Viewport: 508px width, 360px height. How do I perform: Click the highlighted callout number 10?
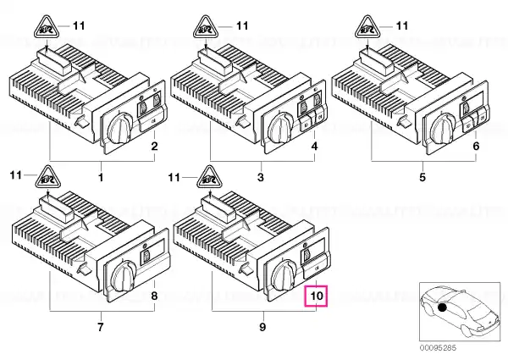coord(317,296)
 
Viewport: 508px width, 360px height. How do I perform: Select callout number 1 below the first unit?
coord(101,177)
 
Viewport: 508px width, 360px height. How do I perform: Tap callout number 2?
coord(155,147)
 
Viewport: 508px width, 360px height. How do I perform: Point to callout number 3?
coord(261,177)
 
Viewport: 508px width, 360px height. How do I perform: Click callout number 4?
coord(315,147)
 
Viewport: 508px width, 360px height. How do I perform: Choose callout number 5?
coord(422,177)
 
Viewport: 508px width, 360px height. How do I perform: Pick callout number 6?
coord(476,147)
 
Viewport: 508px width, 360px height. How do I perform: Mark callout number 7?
coord(101,327)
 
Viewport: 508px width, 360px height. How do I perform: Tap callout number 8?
coord(155,296)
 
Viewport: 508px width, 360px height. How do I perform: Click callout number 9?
coord(262,327)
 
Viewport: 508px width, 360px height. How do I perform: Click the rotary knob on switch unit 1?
coord(120,128)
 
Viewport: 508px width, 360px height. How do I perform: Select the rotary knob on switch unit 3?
coord(281,128)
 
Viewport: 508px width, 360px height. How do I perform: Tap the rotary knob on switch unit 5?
coord(443,128)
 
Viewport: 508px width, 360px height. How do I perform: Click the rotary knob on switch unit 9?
coord(284,275)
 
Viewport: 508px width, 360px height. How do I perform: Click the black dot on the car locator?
coord(442,307)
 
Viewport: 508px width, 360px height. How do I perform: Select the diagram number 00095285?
coord(438,348)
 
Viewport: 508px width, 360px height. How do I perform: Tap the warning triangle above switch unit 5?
coord(367,27)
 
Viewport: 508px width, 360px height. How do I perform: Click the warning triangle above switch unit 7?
coord(47,177)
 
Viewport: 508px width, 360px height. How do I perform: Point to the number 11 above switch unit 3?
coord(242,25)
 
